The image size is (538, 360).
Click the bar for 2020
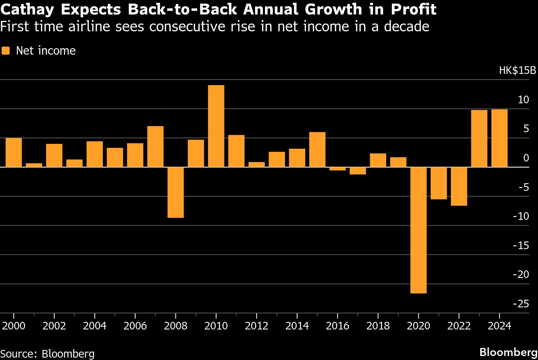click(418, 230)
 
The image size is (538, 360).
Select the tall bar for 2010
click(216, 126)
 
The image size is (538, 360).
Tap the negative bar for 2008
click(175, 192)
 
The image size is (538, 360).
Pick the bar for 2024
click(499, 138)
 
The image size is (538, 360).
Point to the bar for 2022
click(459, 186)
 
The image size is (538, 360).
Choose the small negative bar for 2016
click(337, 169)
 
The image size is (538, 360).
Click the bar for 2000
click(14, 152)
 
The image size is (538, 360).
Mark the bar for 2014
click(297, 157)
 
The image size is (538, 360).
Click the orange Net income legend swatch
click(6, 51)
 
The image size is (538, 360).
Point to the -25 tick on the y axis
click(521, 304)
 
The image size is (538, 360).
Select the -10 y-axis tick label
click(521, 216)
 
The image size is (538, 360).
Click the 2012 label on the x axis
click(256, 325)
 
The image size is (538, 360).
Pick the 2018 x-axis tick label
click(378, 325)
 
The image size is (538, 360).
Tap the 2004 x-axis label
click(94, 325)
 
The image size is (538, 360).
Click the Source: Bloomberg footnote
click(47, 354)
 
